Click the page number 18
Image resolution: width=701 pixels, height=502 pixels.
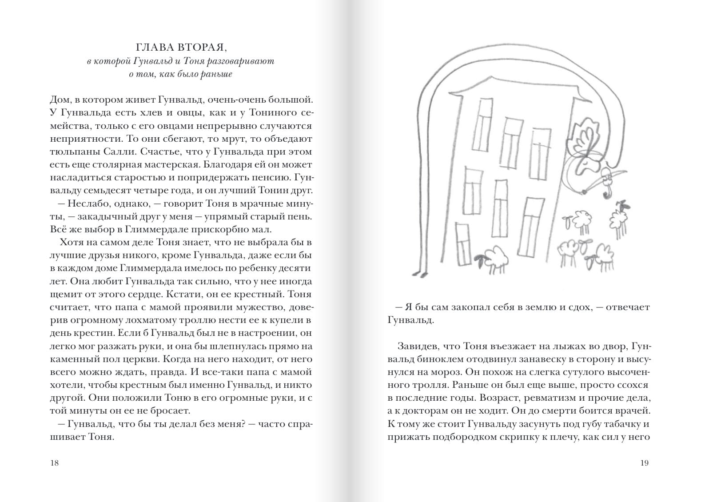pos(55,463)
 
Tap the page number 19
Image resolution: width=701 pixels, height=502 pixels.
pos(644,463)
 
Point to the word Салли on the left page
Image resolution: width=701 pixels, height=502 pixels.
pos(120,152)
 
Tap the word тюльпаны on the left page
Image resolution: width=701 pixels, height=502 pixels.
pos(70,152)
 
